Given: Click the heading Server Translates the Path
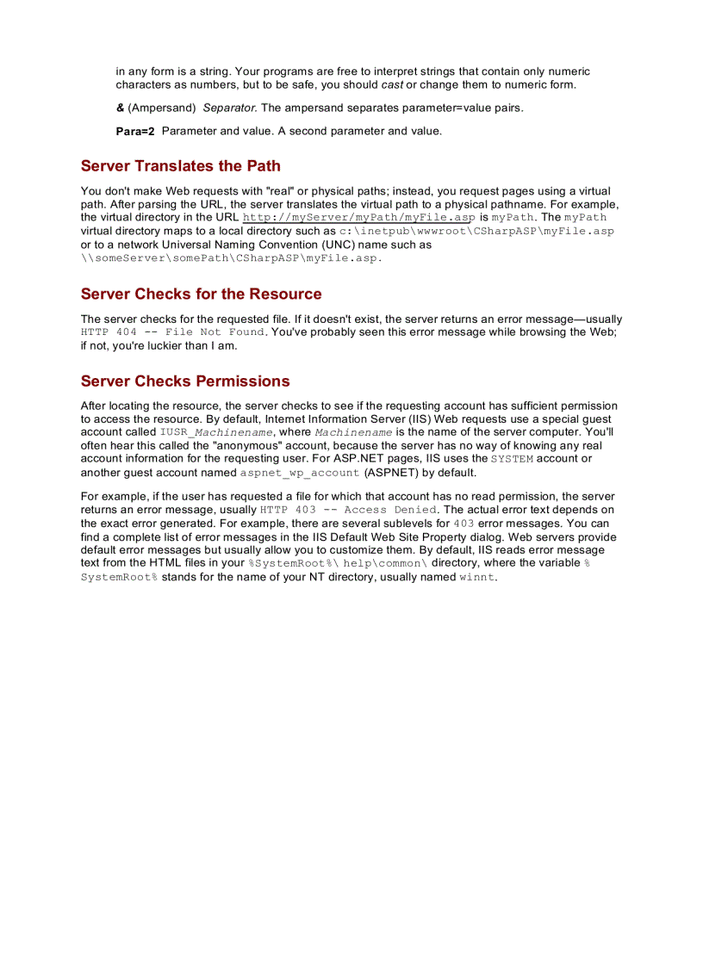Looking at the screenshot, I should [x=180, y=166].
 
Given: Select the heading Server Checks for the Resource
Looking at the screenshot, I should [x=201, y=294].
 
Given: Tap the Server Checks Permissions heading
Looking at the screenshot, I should [x=185, y=381].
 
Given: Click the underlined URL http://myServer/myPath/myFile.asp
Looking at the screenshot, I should [x=358, y=218].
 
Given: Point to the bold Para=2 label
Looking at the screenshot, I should [x=135, y=132].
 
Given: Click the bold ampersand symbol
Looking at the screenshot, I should [x=120, y=108].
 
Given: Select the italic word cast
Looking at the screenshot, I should [x=392, y=85].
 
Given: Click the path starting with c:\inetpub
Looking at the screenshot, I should [x=476, y=232].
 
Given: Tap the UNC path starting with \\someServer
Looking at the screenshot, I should [x=231, y=258].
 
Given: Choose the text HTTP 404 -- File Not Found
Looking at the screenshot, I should [x=172, y=332].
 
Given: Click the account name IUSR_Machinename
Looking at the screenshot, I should [x=216, y=432].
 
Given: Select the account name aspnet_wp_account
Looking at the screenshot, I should [x=299, y=473].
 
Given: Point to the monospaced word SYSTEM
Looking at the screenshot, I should [x=512, y=459].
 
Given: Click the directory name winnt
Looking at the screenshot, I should [x=476, y=578].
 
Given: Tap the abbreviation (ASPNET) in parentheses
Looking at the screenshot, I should [x=390, y=473].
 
